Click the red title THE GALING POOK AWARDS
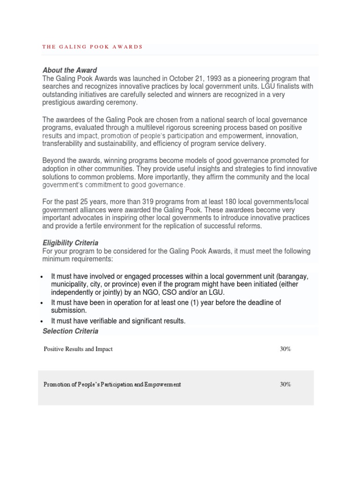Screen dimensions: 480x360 [92, 47]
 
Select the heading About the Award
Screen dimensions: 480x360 [69, 70]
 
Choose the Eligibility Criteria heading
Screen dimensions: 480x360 [70, 243]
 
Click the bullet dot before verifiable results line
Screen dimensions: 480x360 [42, 322]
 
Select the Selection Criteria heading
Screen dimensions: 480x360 [70, 331]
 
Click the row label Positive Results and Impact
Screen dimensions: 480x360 [78, 349]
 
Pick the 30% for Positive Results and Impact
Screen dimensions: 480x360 [285, 349]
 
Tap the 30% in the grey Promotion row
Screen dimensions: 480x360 [285, 384]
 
